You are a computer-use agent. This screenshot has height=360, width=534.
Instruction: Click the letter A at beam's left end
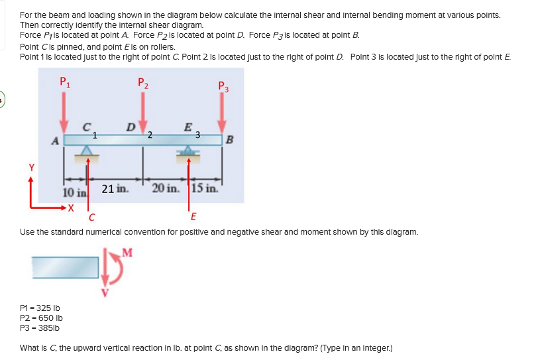coord(56,140)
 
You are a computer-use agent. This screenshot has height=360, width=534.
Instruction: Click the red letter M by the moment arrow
coord(127,251)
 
